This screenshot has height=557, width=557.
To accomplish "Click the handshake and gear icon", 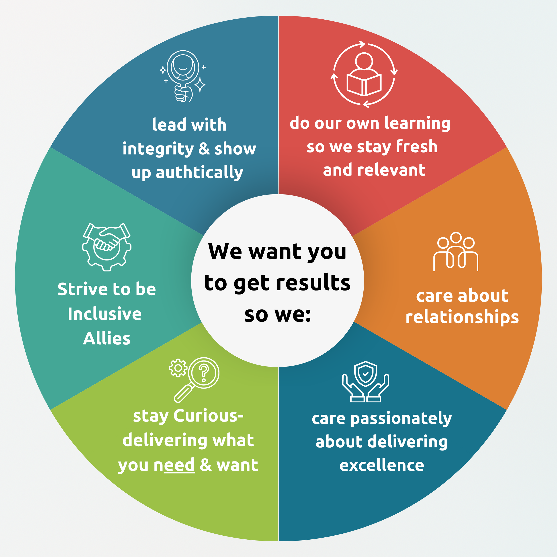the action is [x=107, y=246].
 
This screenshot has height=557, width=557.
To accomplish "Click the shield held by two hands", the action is [x=365, y=374].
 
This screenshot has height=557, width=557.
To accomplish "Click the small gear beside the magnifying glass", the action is [x=178, y=368].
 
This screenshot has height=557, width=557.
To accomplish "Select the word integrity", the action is [x=158, y=149].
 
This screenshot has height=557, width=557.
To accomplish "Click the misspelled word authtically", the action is [x=199, y=173].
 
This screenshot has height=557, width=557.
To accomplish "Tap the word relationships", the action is [x=462, y=317].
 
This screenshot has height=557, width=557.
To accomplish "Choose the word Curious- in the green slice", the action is [x=209, y=416].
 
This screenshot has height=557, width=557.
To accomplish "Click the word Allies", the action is [x=107, y=338].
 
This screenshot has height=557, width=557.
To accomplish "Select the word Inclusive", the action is [x=105, y=314].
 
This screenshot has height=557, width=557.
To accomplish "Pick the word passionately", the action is [x=401, y=419].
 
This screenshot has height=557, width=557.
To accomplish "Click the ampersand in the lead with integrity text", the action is [x=204, y=149].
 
